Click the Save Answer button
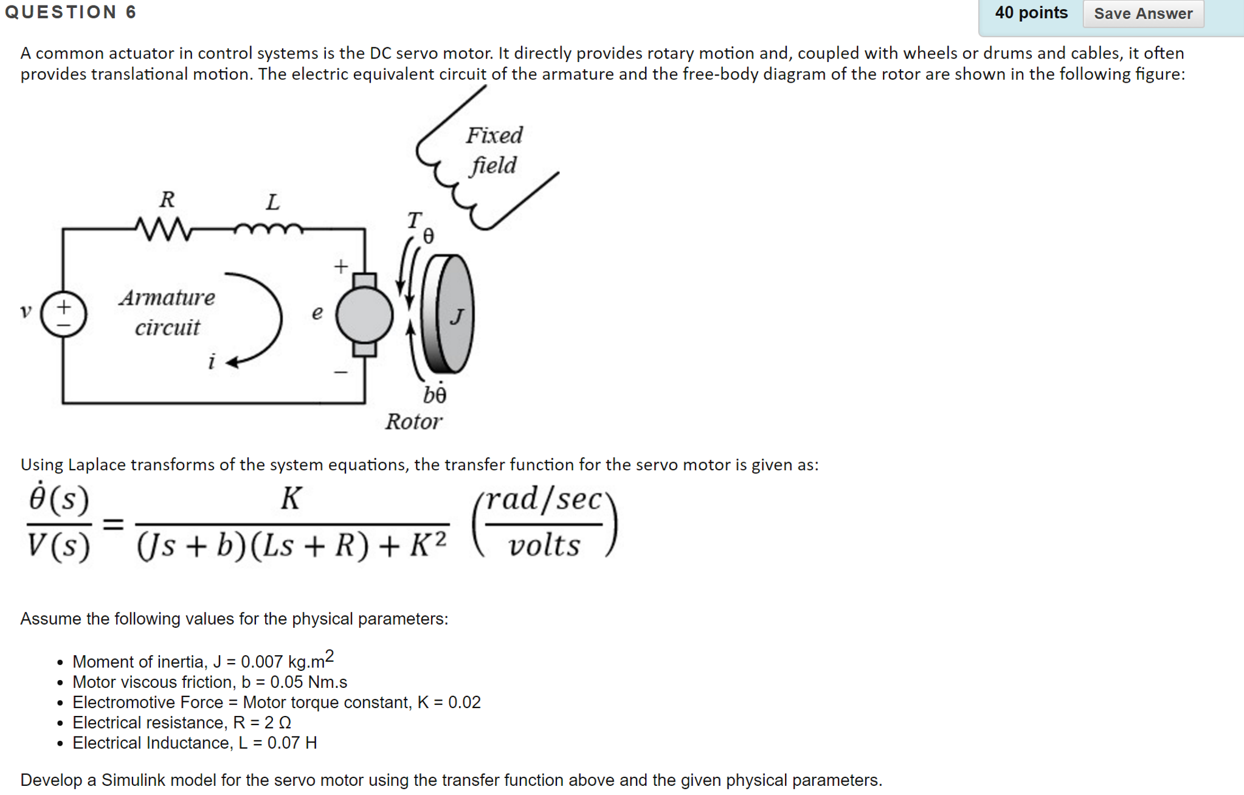point(1142,13)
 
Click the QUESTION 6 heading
point(71,12)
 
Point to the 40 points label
point(1031,13)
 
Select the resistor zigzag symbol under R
point(164,229)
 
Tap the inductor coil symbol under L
point(268,229)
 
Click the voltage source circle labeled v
point(64,314)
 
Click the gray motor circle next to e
point(364,314)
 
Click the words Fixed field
point(494,150)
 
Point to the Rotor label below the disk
point(413,422)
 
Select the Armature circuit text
point(167,312)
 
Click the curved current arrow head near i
point(233,363)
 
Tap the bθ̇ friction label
point(435,395)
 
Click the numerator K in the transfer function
point(291,499)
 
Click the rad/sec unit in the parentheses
point(544,499)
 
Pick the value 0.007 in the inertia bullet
point(262,662)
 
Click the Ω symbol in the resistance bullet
point(284,723)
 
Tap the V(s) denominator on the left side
point(58,545)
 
